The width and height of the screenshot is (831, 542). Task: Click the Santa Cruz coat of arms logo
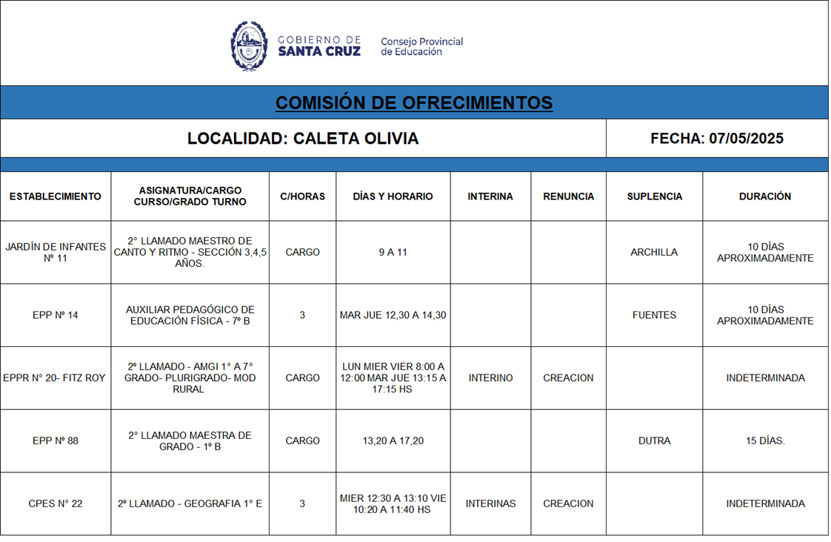click(249, 46)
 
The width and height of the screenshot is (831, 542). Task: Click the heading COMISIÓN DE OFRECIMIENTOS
click(414, 102)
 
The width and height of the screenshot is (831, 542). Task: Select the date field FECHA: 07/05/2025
click(716, 139)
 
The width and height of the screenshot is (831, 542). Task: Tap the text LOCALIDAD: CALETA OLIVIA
click(302, 139)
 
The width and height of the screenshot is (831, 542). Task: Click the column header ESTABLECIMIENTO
click(56, 196)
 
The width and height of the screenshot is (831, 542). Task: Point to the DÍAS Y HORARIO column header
click(393, 196)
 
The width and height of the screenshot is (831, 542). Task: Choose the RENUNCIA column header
click(568, 196)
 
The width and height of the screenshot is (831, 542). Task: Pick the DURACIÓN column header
click(764, 196)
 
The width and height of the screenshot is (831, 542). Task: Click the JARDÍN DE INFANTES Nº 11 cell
click(56, 252)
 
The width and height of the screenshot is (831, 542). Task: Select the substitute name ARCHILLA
click(654, 252)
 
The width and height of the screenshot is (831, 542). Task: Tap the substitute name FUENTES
click(654, 315)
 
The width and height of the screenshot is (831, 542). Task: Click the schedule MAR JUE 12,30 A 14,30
click(393, 315)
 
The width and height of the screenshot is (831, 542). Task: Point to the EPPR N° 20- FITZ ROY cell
click(55, 378)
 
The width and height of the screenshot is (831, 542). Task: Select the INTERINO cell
click(490, 378)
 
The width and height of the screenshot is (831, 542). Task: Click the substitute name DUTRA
click(654, 441)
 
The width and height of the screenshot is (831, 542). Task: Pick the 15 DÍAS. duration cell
click(765, 441)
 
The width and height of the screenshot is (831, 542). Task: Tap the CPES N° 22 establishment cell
click(56, 504)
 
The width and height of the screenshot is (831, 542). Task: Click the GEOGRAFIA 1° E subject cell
click(190, 504)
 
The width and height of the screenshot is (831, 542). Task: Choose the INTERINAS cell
click(490, 504)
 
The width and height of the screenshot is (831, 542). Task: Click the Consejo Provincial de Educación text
click(421, 47)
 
